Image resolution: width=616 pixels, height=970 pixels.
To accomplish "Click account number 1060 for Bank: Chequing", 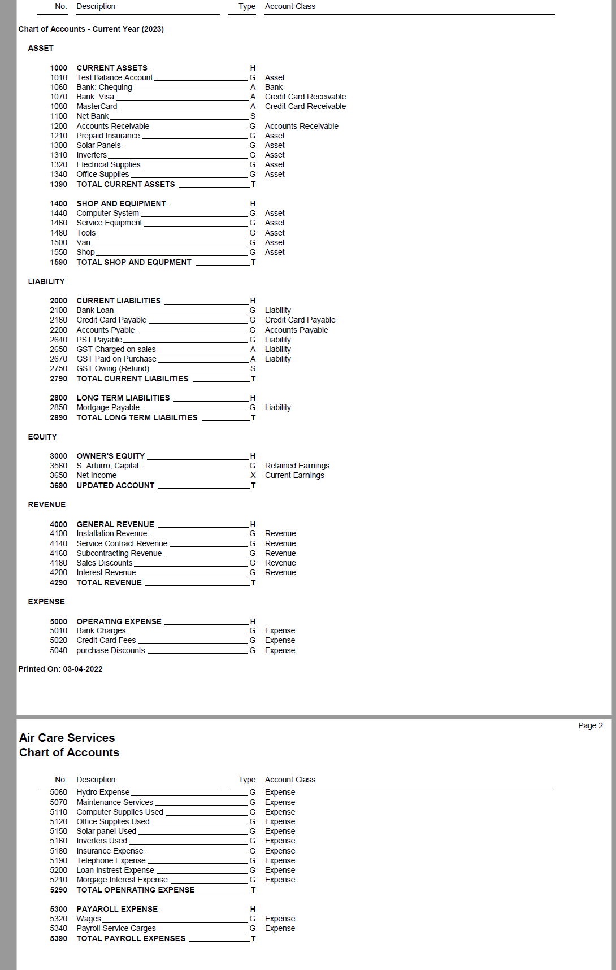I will click(x=58, y=87).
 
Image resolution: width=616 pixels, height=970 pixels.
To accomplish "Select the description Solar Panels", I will click(x=98, y=145).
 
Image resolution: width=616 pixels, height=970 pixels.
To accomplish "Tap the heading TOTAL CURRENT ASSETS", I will click(x=125, y=184).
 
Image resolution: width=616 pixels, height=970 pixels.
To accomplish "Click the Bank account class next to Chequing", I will click(x=274, y=87).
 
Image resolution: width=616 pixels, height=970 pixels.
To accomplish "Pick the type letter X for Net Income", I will click(x=253, y=475).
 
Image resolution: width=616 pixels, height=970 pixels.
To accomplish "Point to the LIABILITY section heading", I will click(x=46, y=281).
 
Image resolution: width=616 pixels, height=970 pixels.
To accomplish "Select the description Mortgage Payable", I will click(x=108, y=407).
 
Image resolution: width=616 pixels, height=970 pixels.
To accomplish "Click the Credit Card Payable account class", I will click(x=300, y=320).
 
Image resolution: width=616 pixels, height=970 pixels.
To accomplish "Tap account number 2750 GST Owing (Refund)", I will click(x=58, y=368).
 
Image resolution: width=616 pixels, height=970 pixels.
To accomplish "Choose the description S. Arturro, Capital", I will click(x=107, y=466).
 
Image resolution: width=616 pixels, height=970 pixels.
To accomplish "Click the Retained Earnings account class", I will click(x=297, y=466).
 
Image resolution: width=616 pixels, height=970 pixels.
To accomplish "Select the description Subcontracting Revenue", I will click(x=119, y=553).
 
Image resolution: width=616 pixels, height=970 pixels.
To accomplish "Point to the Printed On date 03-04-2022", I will click(x=60, y=669).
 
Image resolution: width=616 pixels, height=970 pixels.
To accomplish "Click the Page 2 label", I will click(x=590, y=725).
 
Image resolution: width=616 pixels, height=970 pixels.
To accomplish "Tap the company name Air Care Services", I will click(x=67, y=738).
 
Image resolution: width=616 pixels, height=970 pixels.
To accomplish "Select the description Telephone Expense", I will click(x=111, y=860).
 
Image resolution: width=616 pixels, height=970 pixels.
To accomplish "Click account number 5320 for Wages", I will click(x=58, y=919).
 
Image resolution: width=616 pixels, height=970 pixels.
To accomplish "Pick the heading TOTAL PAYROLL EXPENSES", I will click(x=131, y=938).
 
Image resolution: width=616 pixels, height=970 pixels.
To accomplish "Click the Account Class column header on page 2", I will click(x=290, y=780).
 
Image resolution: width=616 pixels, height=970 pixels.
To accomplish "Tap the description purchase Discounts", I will click(x=111, y=650).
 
